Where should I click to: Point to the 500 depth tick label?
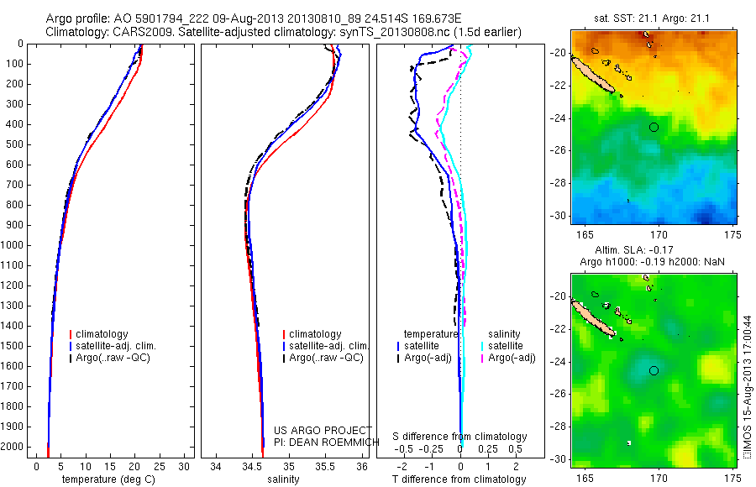[x=13, y=144]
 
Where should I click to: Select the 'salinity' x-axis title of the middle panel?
[x=283, y=479]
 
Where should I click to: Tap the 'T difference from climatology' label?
[x=459, y=479]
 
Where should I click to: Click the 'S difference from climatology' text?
[x=460, y=437]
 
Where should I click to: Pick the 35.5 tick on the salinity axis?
[x=325, y=465]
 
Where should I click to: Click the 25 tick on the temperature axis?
[x=160, y=465]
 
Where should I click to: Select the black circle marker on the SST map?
[x=654, y=127]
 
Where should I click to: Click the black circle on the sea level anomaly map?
[x=654, y=370]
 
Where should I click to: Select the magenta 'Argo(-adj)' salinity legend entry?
[x=508, y=359]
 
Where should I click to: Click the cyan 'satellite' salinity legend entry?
[x=505, y=346]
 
